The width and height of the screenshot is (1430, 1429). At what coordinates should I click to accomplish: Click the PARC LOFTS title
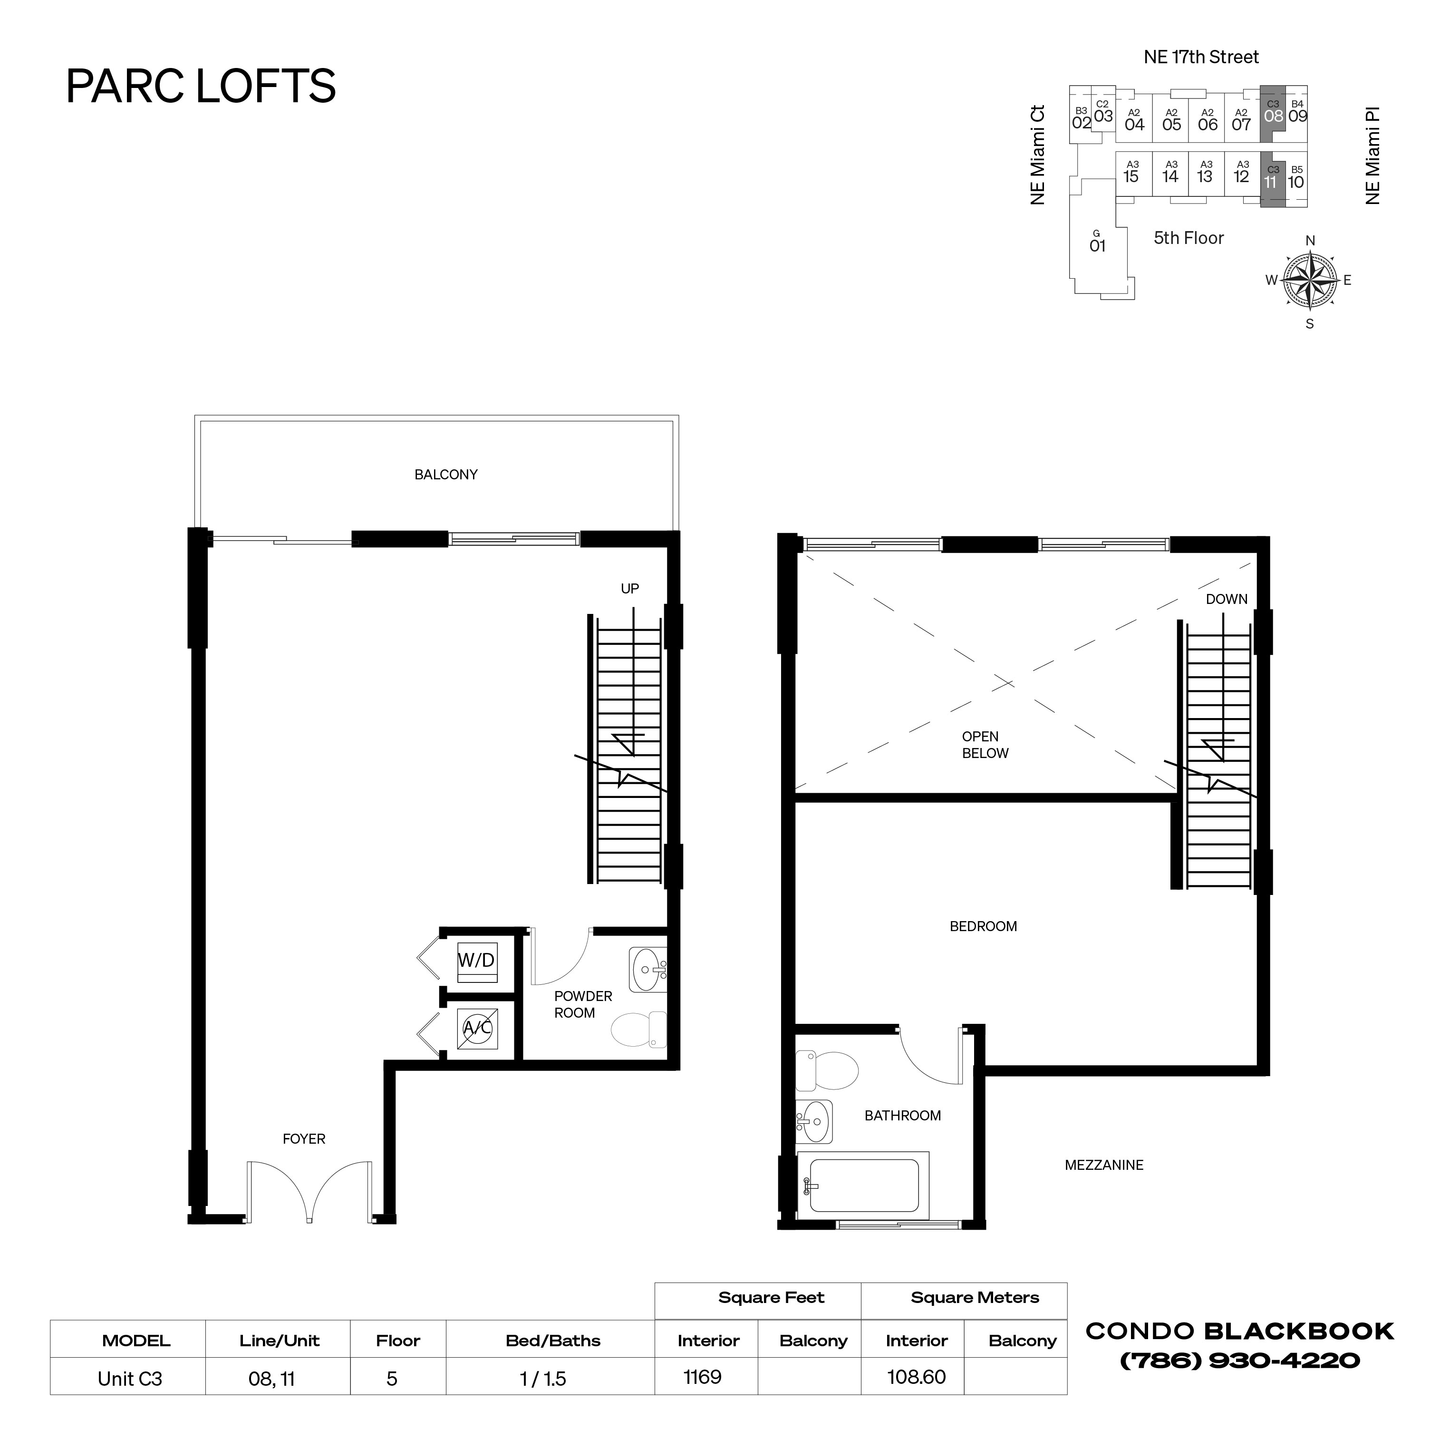click(x=201, y=86)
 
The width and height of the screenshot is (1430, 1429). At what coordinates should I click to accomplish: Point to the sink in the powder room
click(x=647, y=969)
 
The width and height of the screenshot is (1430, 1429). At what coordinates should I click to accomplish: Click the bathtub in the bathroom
click(x=863, y=1186)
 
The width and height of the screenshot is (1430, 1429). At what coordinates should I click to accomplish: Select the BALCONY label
click(x=445, y=475)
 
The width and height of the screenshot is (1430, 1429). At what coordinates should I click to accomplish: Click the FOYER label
click(x=303, y=1139)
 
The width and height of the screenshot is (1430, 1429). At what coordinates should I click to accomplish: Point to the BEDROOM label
click(x=983, y=927)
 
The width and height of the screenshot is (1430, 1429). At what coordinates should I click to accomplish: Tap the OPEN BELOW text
click(x=985, y=745)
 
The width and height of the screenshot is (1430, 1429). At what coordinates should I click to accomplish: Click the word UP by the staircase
click(x=629, y=589)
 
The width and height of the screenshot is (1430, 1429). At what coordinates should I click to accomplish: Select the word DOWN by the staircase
click(x=1227, y=599)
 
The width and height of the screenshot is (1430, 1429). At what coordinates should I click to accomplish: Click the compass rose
click(x=1309, y=281)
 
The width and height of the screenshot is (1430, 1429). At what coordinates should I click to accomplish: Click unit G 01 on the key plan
click(x=1097, y=242)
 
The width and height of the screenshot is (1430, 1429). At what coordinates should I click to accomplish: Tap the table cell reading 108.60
click(x=916, y=1377)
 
